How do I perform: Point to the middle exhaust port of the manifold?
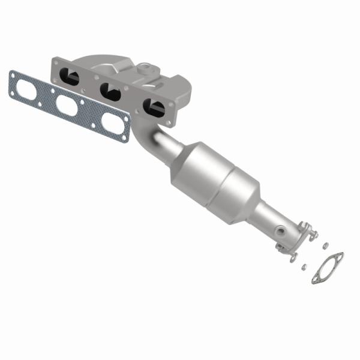tap(111, 91)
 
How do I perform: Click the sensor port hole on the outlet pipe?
tap(280, 229)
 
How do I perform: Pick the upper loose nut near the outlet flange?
tap(325, 245)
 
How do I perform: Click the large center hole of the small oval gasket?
tap(328, 268)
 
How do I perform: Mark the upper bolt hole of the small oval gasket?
tap(340, 256)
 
